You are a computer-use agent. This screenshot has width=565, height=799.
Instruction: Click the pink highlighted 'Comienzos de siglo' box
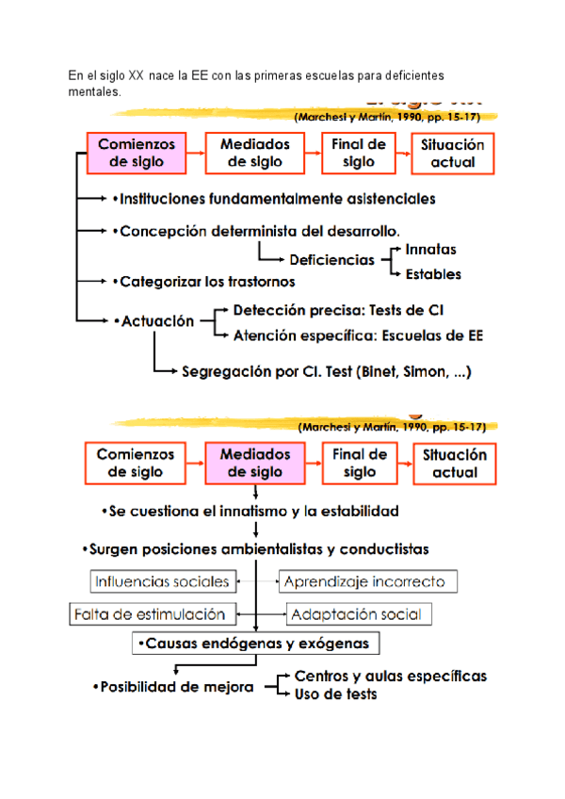pyautogui.click(x=137, y=153)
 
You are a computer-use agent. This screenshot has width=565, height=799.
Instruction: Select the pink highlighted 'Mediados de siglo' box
pyautogui.click(x=255, y=462)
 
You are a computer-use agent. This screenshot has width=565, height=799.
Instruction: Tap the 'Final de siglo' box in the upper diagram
pyautogui.click(x=359, y=153)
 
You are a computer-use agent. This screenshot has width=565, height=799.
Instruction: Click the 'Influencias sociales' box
pyautogui.click(x=161, y=580)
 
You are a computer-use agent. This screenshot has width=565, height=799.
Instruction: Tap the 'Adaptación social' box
pyautogui.click(x=360, y=614)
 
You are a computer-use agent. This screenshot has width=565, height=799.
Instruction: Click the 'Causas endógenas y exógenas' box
pyautogui.click(x=257, y=644)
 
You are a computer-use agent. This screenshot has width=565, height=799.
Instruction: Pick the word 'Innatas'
pyautogui.click(x=430, y=250)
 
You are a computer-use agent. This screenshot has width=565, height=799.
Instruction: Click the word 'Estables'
pyautogui.click(x=433, y=275)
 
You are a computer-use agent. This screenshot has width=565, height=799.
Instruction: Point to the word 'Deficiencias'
pyautogui.click(x=331, y=261)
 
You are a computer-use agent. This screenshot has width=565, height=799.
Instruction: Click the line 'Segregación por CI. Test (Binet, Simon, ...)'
pyautogui.click(x=326, y=371)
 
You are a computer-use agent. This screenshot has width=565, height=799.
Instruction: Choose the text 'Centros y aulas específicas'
pyautogui.click(x=391, y=676)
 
